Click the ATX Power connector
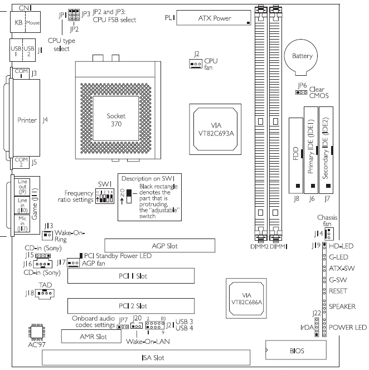pyautogui.click(x=215, y=18)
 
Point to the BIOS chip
pyautogui.click(x=297, y=350)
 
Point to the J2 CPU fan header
pyautogui.click(x=196, y=64)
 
